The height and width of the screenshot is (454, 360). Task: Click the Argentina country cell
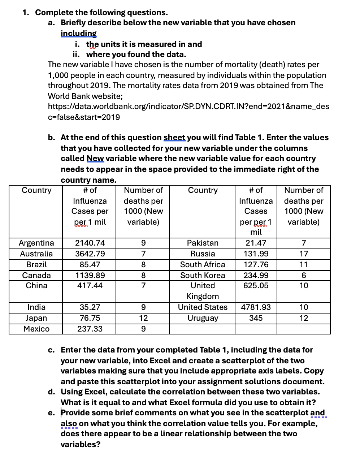pyautogui.click(x=36, y=243)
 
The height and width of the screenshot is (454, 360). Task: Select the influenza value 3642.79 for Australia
pyautogui.click(x=90, y=254)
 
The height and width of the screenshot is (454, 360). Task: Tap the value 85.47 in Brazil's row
pyautogui.click(x=90, y=265)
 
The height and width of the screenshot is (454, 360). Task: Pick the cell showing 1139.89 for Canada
pyautogui.click(x=90, y=276)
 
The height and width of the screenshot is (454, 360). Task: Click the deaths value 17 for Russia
pyautogui.click(x=304, y=254)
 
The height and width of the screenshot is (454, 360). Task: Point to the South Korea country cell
pyautogui.click(x=203, y=276)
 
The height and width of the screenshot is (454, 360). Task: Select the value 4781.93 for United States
pyautogui.click(x=256, y=307)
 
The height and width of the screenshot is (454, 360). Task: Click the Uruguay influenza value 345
pyautogui.click(x=256, y=318)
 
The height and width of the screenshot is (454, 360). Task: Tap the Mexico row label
pyautogui.click(x=36, y=329)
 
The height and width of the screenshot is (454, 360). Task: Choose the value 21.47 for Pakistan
pyautogui.click(x=256, y=243)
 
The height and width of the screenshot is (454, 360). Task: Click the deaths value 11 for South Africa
pyautogui.click(x=304, y=265)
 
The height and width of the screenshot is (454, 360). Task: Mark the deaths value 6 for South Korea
pyautogui.click(x=304, y=276)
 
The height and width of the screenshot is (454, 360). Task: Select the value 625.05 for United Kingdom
pyautogui.click(x=256, y=286)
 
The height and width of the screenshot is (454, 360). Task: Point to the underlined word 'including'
pyautogui.click(x=79, y=34)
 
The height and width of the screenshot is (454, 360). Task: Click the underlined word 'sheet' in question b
pyautogui.click(x=174, y=138)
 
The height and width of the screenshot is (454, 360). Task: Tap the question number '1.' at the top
pyautogui.click(x=26, y=13)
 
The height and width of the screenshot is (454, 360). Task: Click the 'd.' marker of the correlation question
pyautogui.click(x=52, y=392)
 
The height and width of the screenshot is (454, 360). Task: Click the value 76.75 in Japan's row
pyautogui.click(x=90, y=318)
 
